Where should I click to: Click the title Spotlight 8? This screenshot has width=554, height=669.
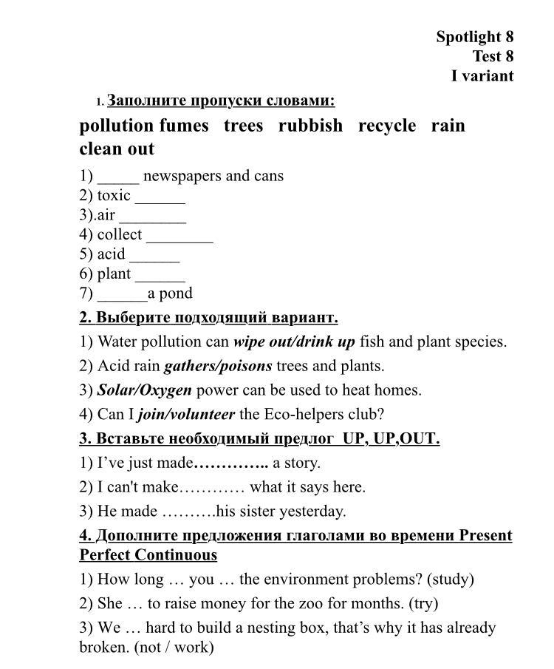474,36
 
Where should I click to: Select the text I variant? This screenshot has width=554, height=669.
482,75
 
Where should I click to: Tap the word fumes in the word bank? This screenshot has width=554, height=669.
184,126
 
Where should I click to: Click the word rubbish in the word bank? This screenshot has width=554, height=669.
310,126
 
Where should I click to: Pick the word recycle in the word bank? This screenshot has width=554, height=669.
387,126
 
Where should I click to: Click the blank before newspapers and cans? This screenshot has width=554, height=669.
117,177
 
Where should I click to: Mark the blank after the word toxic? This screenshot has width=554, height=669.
160,197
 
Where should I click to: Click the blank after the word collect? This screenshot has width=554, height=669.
179,237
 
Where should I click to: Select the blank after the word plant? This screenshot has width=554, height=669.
160,276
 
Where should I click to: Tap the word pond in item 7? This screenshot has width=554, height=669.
176,293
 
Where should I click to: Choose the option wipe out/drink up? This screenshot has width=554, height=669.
294,342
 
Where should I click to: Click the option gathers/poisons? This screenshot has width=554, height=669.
218,366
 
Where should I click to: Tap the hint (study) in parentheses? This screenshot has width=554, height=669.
450,580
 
